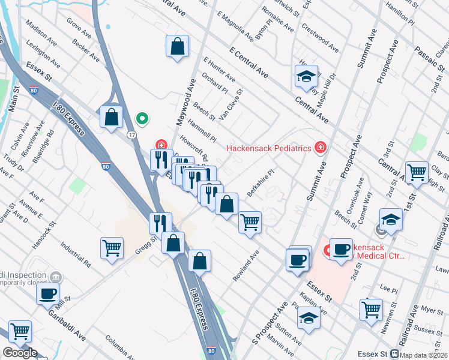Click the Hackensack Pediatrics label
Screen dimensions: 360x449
pyautogui.click(x=268, y=148)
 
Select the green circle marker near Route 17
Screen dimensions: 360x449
pyautogui.click(x=142, y=118)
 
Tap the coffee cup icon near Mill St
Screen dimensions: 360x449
pyautogui.click(x=47, y=294)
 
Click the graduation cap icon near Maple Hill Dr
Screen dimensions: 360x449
pyautogui.click(x=306, y=76)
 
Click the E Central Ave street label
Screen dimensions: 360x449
pyautogui.click(x=249, y=62)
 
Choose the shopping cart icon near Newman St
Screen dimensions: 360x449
pyautogui.click(x=371, y=309)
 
